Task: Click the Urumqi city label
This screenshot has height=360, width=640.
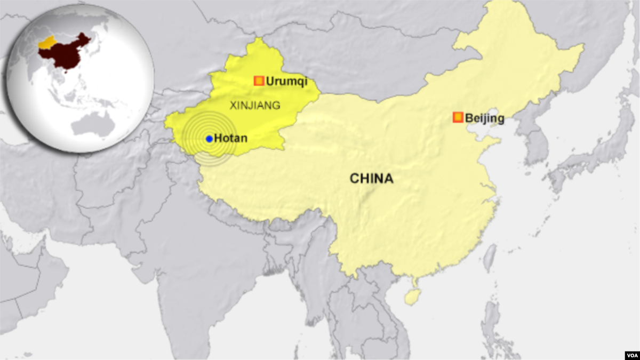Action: (286, 82)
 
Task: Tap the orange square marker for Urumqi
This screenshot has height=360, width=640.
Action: (259, 81)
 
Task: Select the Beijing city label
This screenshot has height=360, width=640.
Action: (484, 118)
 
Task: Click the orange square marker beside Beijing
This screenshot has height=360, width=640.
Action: (458, 117)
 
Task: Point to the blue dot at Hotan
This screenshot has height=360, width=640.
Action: (209, 139)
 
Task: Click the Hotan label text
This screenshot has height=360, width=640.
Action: (230, 139)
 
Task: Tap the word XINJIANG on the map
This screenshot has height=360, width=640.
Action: (254, 106)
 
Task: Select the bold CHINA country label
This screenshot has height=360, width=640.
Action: (371, 179)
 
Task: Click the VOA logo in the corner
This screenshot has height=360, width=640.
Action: (630, 354)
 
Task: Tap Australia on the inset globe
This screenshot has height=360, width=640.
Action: (93, 124)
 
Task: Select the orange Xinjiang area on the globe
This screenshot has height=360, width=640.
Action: (47, 43)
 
